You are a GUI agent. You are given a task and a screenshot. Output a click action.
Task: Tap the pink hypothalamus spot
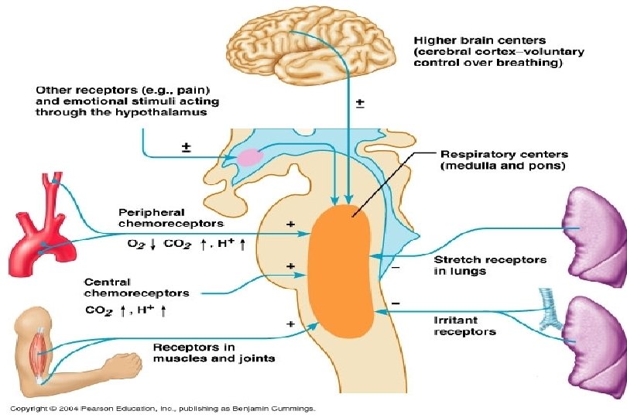coord(249,157)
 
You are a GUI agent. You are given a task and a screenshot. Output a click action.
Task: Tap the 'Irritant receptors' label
coord(464,325)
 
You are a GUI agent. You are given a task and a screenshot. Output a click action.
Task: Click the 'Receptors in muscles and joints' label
coord(214,352)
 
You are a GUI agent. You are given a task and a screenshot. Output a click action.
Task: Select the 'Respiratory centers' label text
coord(504,160)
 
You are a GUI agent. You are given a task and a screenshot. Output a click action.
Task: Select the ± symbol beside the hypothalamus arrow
coord(186,146)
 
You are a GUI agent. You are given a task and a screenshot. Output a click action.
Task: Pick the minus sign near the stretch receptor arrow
coord(396,269)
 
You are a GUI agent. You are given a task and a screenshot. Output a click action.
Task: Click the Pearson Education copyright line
coord(162,408)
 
